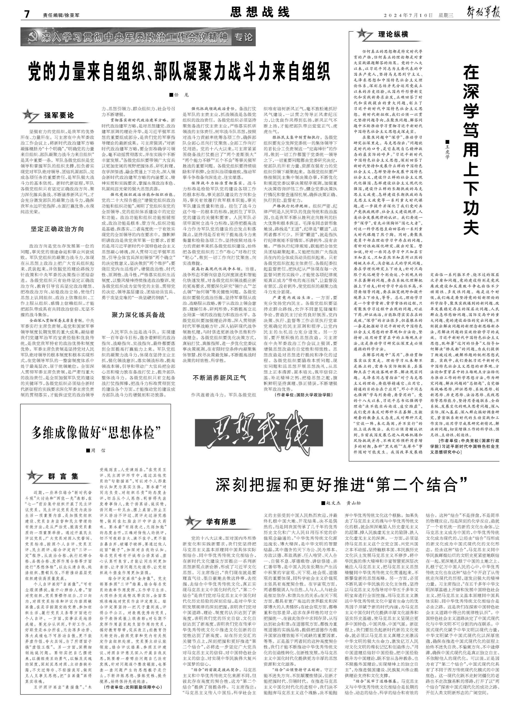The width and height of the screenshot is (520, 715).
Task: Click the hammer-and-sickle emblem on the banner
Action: [x=31, y=37]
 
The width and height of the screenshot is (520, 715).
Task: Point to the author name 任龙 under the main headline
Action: [x=181, y=94]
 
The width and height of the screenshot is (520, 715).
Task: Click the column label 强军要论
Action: [x=59, y=115]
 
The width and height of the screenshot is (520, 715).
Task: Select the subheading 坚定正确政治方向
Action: [x=57, y=229]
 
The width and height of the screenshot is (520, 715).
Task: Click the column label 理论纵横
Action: [x=393, y=34]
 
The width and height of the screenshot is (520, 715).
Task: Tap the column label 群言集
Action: [x=63, y=476]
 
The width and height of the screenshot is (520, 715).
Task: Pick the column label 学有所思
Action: [x=221, y=522]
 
